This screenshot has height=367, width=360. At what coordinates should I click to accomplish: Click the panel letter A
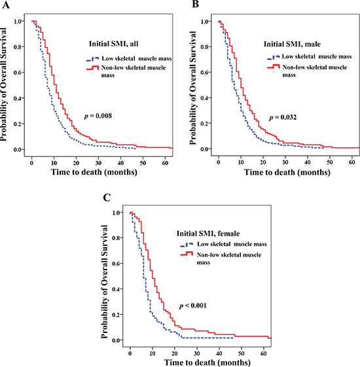click(6, 4)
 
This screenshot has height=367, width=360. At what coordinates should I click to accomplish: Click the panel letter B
click(196, 4)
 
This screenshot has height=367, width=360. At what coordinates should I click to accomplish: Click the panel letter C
click(107, 198)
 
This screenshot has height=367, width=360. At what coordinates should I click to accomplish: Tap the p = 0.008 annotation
click(98, 116)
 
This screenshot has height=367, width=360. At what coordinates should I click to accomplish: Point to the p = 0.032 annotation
click(283, 117)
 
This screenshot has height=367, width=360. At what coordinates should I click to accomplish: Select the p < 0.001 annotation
click(193, 306)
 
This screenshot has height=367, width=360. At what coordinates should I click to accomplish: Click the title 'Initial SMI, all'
click(114, 44)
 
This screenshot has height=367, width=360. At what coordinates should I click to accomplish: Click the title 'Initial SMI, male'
click(292, 44)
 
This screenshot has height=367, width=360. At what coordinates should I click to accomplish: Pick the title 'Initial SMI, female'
click(208, 234)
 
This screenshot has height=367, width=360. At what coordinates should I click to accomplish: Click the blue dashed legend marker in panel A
click(92, 59)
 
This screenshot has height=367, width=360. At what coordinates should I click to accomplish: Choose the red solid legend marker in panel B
click(274, 67)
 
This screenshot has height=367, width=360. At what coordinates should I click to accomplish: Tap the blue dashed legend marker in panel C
click(187, 245)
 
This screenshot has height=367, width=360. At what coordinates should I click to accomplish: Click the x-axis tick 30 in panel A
click(98, 163)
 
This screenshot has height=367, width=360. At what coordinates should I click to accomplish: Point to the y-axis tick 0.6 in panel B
click(206, 73)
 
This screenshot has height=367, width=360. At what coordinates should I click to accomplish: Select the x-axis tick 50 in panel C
click(242, 353)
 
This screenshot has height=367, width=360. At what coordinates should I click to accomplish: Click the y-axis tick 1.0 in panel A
click(19, 22)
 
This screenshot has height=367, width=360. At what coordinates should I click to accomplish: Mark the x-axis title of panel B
click(287, 172)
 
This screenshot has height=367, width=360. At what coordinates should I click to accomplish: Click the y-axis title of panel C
click(104, 281)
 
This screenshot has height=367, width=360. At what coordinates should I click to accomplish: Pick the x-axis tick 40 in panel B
click(308, 162)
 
